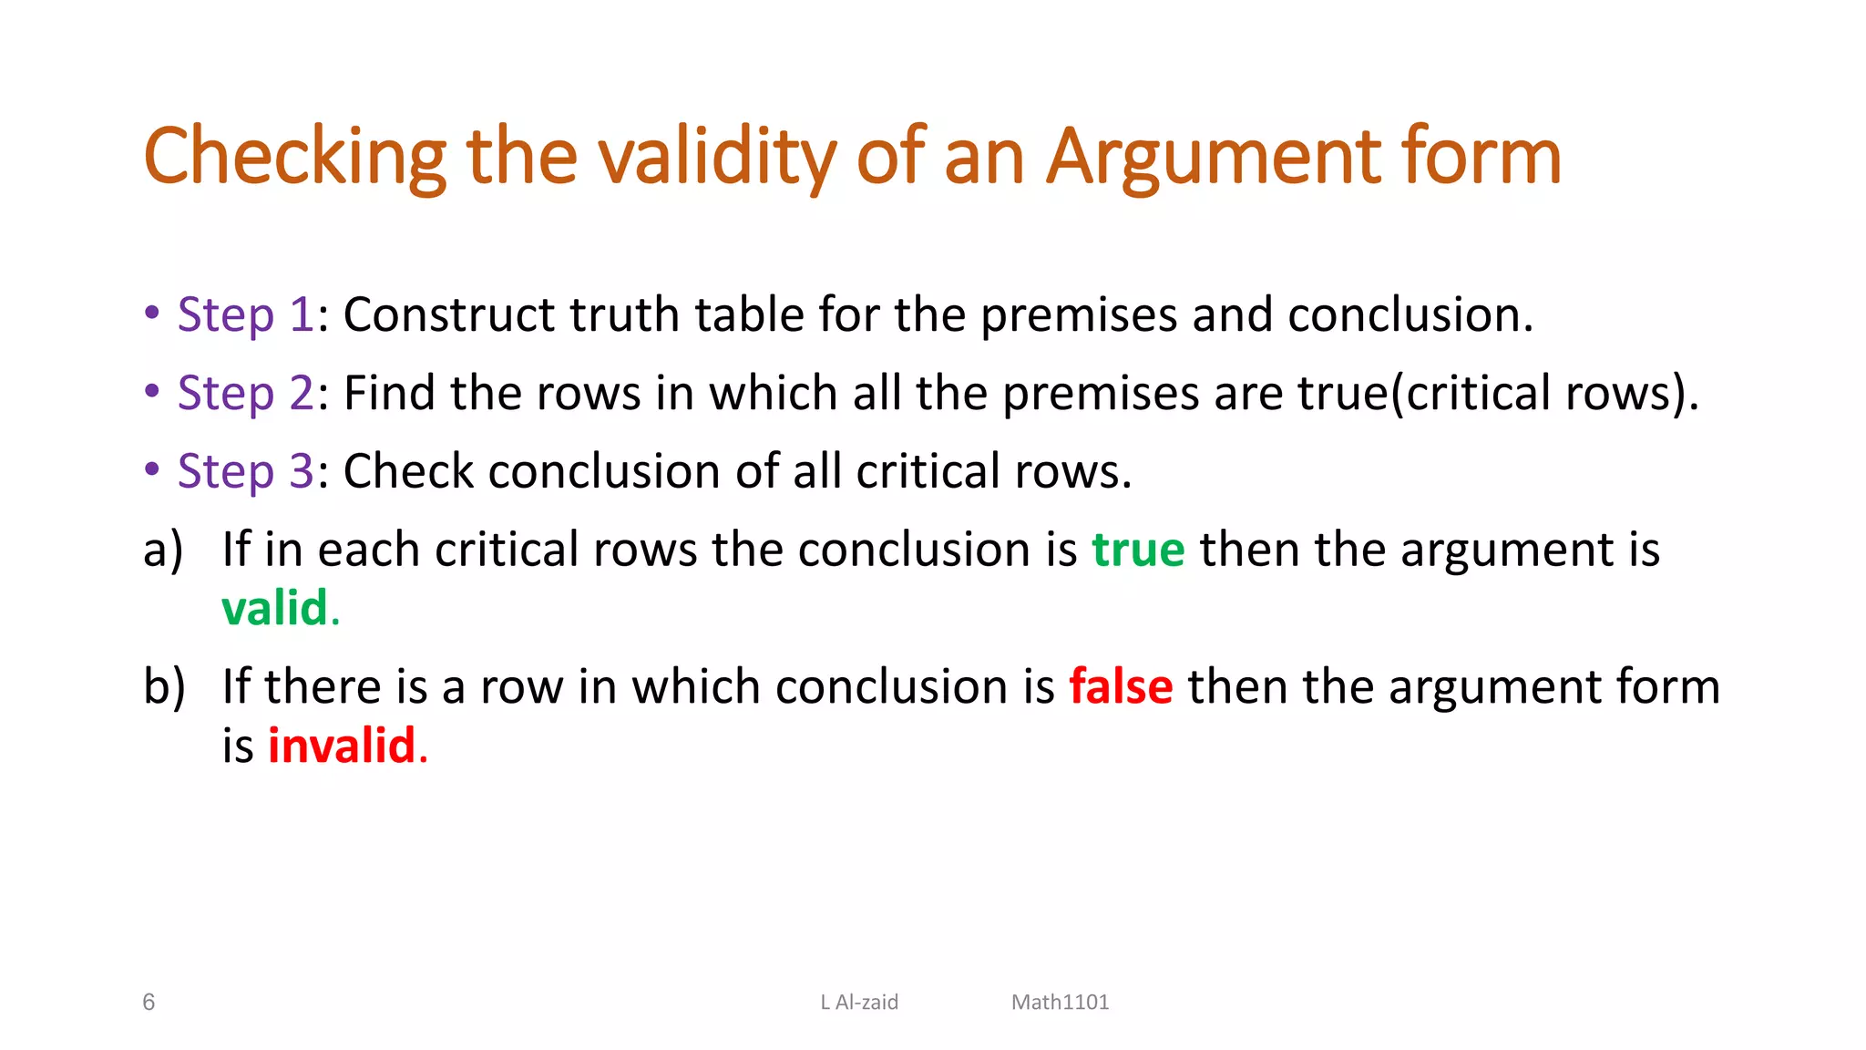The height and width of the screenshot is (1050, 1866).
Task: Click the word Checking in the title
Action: point(294,157)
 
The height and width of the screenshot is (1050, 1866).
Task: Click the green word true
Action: point(1138,550)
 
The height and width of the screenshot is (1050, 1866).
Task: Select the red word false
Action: point(1121,686)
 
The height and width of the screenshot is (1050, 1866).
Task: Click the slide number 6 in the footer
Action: point(149,1003)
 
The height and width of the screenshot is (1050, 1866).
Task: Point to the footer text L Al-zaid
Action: point(859,1003)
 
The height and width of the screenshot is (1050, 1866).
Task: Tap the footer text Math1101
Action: point(1060,1003)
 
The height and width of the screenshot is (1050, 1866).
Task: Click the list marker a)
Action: point(163,550)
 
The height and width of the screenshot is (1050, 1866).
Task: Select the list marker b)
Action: point(164,686)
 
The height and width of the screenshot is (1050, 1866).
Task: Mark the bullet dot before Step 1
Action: point(152,313)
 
